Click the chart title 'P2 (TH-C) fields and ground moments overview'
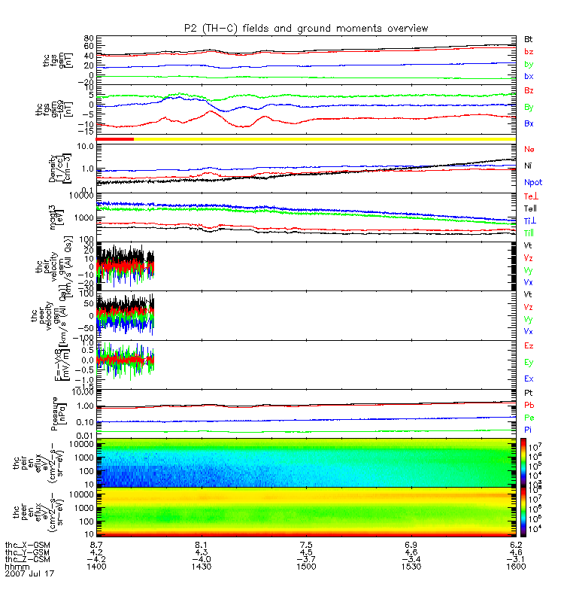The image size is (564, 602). (306, 28)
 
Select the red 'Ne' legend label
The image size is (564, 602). (529, 150)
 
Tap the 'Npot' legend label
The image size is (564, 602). (532, 182)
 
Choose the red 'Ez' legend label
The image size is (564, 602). (529, 345)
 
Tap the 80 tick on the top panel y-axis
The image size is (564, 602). (89, 38)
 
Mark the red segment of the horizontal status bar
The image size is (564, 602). (115, 139)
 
